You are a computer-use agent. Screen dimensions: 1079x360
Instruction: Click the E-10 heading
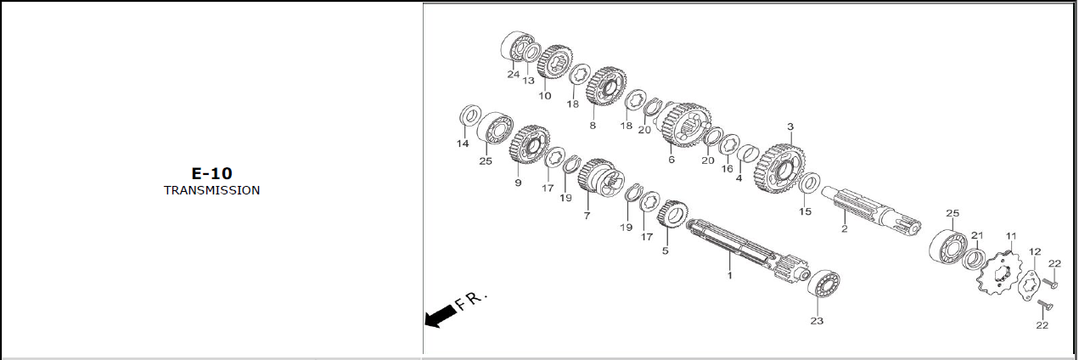coord(212,173)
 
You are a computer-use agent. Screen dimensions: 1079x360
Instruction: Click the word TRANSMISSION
coord(212,190)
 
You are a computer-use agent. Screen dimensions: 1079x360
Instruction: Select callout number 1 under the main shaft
coord(730,276)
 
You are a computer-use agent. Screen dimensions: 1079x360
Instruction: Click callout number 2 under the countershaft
coord(845,229)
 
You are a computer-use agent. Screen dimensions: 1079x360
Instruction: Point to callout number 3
coord(790,127)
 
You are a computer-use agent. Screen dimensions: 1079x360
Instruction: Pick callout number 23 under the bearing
coord(817,320)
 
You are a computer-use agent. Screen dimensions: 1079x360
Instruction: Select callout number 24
coord(513,74)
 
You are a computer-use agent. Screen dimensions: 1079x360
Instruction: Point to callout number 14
coord(463,143)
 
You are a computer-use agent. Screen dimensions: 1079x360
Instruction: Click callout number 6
coord(672,160)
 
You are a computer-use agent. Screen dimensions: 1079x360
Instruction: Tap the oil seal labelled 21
coord(974,261)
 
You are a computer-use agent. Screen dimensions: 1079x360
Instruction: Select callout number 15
coord(805,211)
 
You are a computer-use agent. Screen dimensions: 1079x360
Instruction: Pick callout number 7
coord(587,216)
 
